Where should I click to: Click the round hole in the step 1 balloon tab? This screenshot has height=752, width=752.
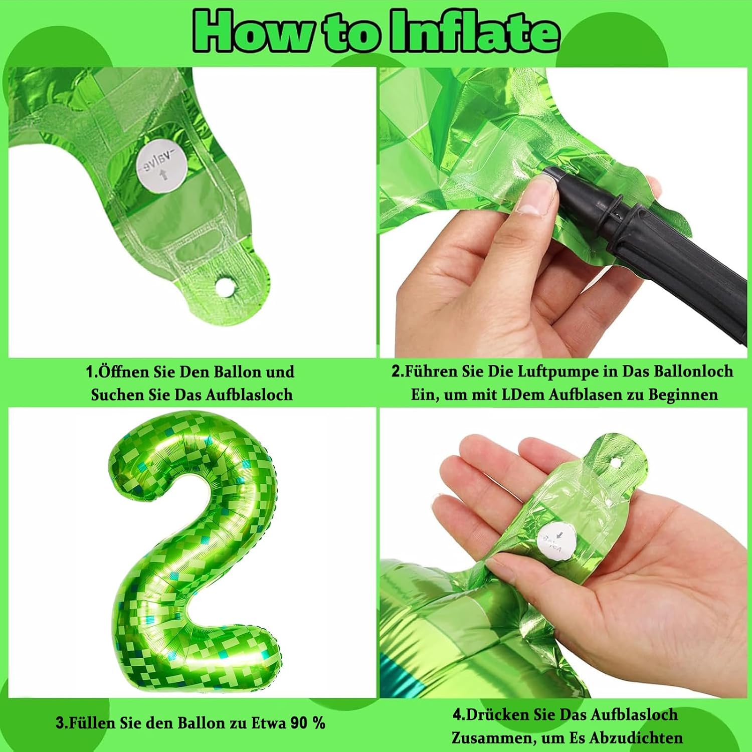click(x=224, y=285)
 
